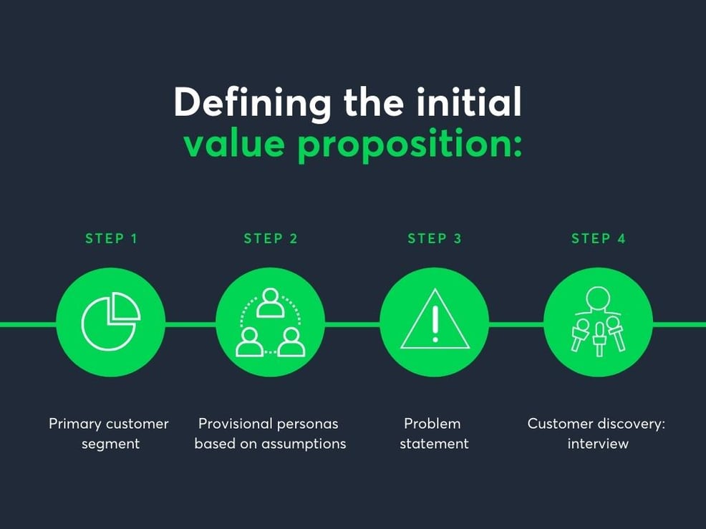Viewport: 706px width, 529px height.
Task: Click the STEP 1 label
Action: pyautogui.click(x=111, y=239)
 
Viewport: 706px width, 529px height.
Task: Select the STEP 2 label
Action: pyautogui.click(x=270, y=239)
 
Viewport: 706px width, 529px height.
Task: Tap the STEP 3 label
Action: pyautogui.click(x=434, y=239)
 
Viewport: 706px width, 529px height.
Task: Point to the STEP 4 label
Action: pyautogui.click(x=598, y=239)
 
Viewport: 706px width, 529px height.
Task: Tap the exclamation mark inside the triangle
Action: pyautogui.click(x=434, y=324)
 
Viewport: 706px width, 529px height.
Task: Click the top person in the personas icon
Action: pyautogui.click(x=271, y=302)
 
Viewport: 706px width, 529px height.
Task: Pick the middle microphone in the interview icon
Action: pyautogui.click(x=599, y=339)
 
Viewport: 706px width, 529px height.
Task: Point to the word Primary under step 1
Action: pyautogui.click(x=75, y=424)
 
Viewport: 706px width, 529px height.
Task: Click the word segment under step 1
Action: pyautogui.click(x=110, y=444)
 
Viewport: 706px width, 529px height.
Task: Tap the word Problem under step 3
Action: pyautogui.click(x=432, y=424)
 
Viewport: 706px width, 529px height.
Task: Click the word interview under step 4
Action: pyautogui.click(x=598, y=444)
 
